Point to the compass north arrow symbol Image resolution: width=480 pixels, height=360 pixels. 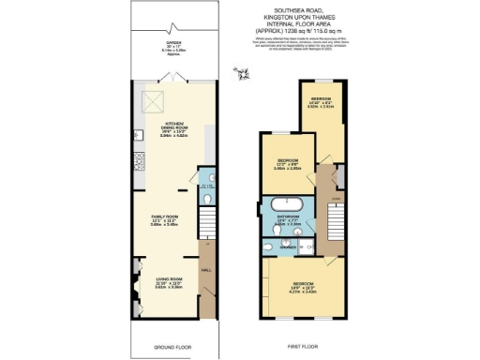pyautogui.click(x=246, y=74)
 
